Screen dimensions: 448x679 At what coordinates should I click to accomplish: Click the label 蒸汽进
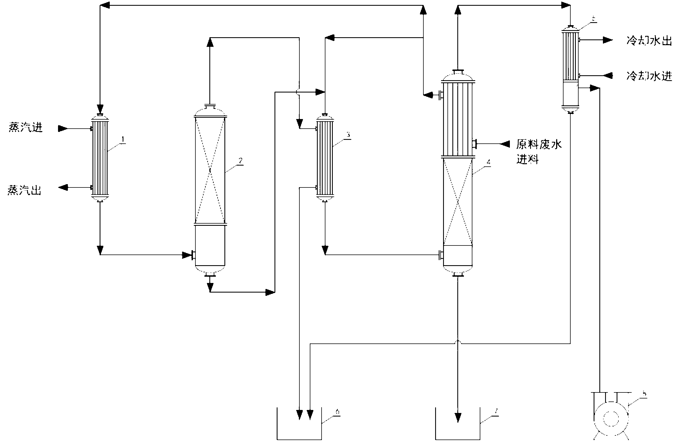[x=26, y=128]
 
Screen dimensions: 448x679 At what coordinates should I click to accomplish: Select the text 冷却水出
[x=649, y=41]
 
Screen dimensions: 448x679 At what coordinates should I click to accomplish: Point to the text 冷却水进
[x=649, y=76]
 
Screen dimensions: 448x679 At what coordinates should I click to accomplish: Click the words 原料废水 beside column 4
[x=539, y=144]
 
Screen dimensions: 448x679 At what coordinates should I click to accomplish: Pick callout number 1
[x=123, y=140]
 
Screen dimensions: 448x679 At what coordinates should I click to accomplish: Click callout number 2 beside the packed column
[x=241, y=161]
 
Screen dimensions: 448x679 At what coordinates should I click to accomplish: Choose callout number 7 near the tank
[x=496, y=412]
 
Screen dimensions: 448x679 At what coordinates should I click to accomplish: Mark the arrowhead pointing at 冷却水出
[x=608, y=40]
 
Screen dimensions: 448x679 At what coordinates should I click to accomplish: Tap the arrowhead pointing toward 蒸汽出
[x=63, y=187]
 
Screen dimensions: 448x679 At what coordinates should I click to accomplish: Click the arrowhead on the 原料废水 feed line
[x=505, y=144]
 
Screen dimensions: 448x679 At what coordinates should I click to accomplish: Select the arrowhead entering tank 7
[x=458, y=417]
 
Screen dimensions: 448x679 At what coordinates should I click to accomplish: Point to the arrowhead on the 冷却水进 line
[x=608, y=76]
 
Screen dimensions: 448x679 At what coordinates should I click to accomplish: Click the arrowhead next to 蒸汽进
[x=63, y=129]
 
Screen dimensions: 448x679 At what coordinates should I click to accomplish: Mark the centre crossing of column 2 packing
[x=210, y=170]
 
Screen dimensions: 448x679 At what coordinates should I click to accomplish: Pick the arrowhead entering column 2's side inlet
[x=187, y=255]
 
